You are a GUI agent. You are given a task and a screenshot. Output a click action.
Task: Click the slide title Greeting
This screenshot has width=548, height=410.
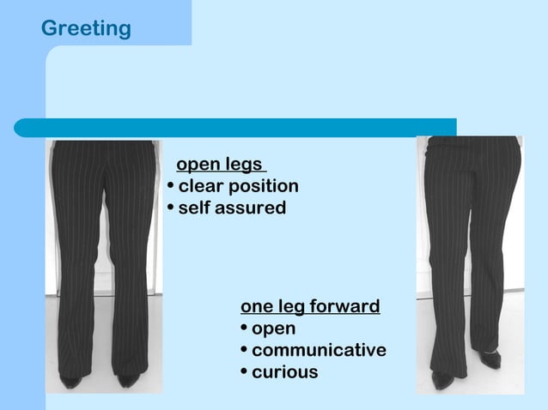tap(86, 28)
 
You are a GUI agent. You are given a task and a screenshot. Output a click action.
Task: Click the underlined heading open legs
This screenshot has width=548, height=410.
tap(220, 164)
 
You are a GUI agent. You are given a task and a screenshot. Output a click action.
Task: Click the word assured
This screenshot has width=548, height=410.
tap(251, 208)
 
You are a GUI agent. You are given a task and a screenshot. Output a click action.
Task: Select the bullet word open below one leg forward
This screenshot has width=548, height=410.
tap(273, 329)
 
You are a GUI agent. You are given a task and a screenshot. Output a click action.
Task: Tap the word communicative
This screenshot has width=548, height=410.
tap(319, 350)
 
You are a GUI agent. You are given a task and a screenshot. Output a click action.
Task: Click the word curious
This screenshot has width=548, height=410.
tap(284, 372)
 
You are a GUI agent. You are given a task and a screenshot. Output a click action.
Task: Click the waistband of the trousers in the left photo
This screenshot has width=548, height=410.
tap(102, 145)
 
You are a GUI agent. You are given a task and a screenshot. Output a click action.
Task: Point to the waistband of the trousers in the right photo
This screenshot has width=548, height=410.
tap(468, 141)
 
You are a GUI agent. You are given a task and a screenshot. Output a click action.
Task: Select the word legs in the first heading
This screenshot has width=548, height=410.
tap(245, 164)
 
